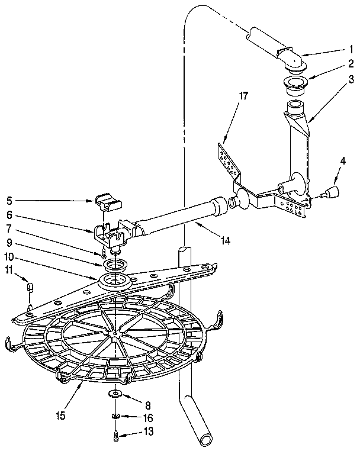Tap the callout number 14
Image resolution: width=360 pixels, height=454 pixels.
tap(224, 240)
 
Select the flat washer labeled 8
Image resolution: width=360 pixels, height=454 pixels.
tap(114, 394)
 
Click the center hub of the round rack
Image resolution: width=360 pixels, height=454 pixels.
tap(112, 334)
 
